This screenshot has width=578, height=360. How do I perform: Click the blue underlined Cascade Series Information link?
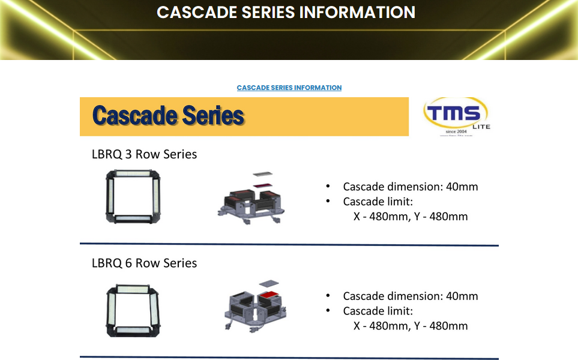coord(289,88)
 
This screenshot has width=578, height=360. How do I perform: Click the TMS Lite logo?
coord(457,116)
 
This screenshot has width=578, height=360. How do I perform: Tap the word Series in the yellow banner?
coord(213,115)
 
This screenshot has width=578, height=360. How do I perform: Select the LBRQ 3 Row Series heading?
coord(144,154)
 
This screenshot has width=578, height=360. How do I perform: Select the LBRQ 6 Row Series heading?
coord(144,263)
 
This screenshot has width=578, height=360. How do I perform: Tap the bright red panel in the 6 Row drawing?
coord(268,295)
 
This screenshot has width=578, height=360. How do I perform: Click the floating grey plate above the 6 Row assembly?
coord(269,283)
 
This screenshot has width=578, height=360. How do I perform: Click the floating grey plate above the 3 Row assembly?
coord(262,174)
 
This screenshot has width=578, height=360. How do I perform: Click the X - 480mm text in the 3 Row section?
coord(382,216)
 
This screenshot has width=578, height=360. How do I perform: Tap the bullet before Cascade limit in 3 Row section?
coord(328,201)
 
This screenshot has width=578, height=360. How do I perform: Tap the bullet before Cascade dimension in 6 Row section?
coord(328,296)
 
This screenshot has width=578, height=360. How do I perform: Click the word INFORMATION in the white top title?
coord(357,12)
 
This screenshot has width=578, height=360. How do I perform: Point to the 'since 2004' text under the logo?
coord(456,131)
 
